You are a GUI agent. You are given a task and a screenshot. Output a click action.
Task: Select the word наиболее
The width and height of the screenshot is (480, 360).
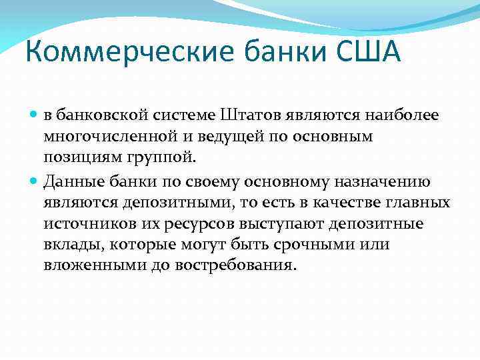(x=406, y=115)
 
